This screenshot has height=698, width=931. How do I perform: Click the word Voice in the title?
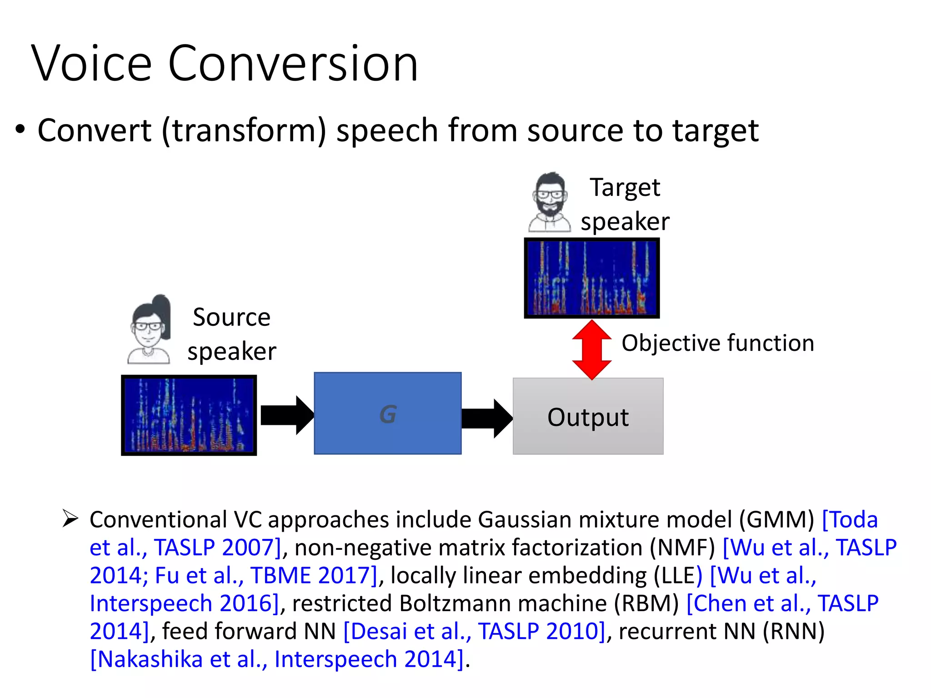pyautogui.click(x=91, y=64)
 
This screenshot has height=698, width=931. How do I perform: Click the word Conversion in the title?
pyautogui.click(x=293, y=64)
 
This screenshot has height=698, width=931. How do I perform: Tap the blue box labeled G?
pyautogui.click(x=387, y=414)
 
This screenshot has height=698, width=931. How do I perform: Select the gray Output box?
pyautogui.click(x=588, y=416)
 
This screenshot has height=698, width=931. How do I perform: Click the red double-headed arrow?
pyautogui.click(x=591, y=350)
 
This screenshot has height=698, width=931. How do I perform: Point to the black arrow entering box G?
pyautogui.click(x=286, y=415)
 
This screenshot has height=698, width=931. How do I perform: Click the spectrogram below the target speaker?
pyautogui.click(x=591, y=278)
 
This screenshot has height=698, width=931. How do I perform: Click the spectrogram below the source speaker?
pyautogui.click(x=189, y=415)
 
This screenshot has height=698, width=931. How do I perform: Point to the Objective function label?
pyautogui.click(x=717, y=343)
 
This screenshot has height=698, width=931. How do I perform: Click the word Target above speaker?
pyautogui.click(x=625, y=188)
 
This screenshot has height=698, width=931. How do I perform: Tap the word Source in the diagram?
pyautogui.click(x=231, y=317)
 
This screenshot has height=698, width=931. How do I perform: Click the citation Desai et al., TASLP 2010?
pyautogui.click(x=474, y=632)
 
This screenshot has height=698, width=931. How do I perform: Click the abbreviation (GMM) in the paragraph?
pyautogui.click(x=776, y=520)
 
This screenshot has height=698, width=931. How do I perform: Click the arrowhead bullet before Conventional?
pyautogui.click(x=70, y=519)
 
